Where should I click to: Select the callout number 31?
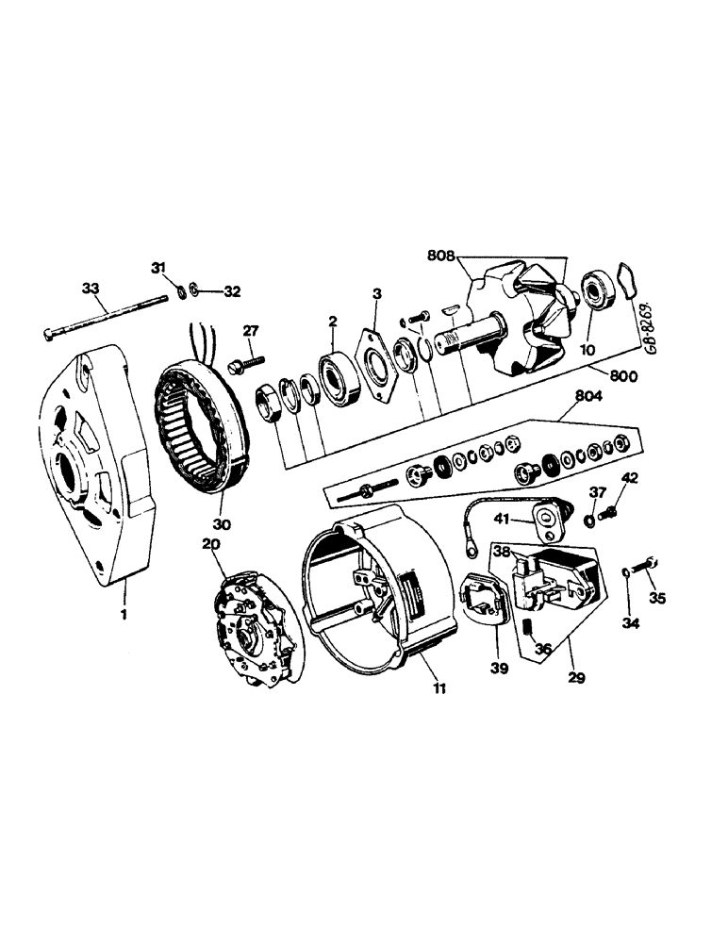click(158, 267)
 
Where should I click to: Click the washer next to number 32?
click(191, 288)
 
